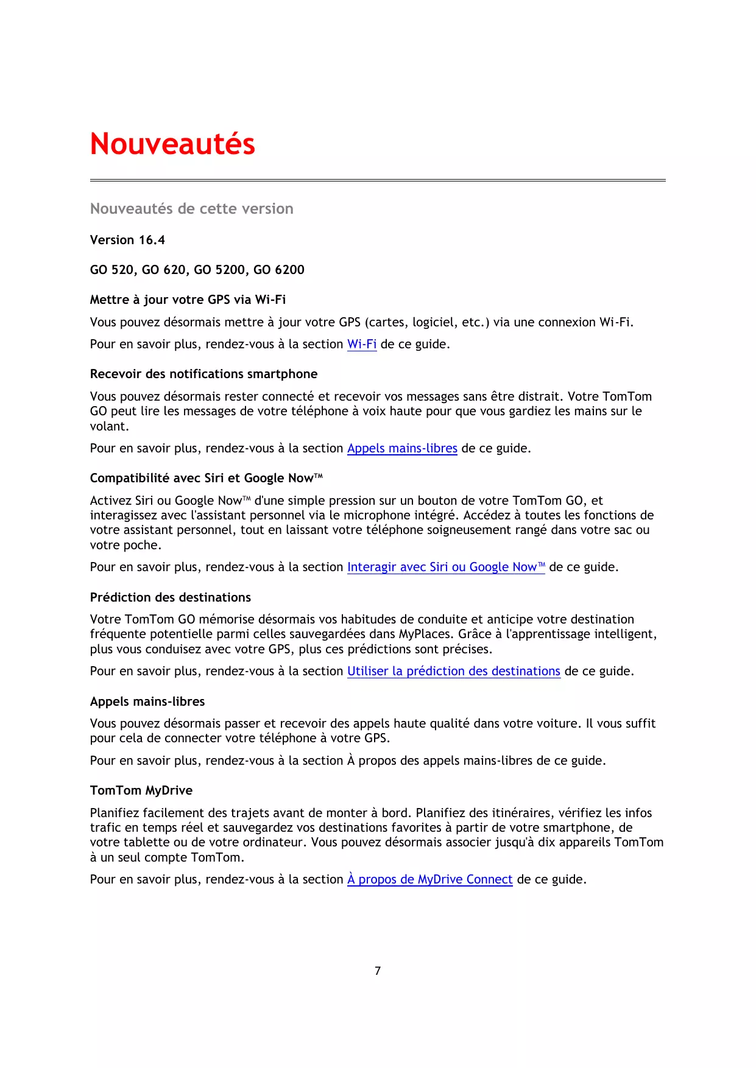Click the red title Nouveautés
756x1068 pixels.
coord(172,144)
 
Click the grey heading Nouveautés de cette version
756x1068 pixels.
coord(191,209)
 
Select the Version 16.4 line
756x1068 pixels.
coord(127,240)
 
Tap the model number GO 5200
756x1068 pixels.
coord(219,270)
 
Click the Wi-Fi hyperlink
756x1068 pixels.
coord(362,344)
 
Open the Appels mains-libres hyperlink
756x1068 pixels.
coord(402,448)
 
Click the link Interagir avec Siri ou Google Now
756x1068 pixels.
coord(445,567)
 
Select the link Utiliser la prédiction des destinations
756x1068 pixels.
coord(453,671)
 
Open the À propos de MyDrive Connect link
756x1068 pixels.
coord(429,879)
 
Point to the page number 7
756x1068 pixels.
coord(378,971)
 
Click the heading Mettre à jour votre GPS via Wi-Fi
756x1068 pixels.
coord(188,300)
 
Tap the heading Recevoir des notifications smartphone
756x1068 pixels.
coord(203,374)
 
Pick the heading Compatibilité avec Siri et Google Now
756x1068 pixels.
coord(206,478)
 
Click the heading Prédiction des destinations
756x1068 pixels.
coord(170,597)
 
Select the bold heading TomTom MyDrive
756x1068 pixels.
coord(141,790)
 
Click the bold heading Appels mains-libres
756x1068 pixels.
coord(147,701)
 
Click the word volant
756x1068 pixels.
coord(108,426)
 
